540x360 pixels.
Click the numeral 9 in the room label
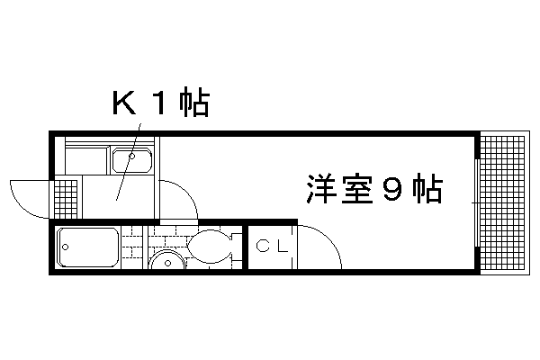[391, 190]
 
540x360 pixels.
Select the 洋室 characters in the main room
[339, 190]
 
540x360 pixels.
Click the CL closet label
[272, 246]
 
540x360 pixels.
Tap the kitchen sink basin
[132, 160]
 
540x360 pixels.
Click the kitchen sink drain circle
[132, 157]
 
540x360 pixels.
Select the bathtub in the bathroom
[88, 247]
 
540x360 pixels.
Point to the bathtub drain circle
[66, 247]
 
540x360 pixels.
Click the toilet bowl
[210, 247]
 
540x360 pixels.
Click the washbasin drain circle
[167, 263]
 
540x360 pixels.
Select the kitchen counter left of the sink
[86, 160]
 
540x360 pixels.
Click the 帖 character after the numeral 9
[427, 190]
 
